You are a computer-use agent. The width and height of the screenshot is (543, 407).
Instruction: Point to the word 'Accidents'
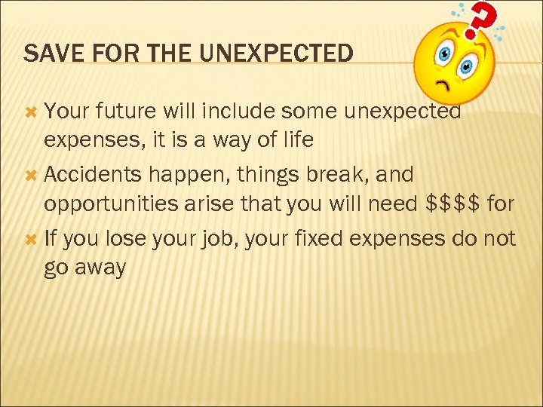pos(93,175)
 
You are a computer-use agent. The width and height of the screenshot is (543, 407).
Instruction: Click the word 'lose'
pos(126,239)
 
